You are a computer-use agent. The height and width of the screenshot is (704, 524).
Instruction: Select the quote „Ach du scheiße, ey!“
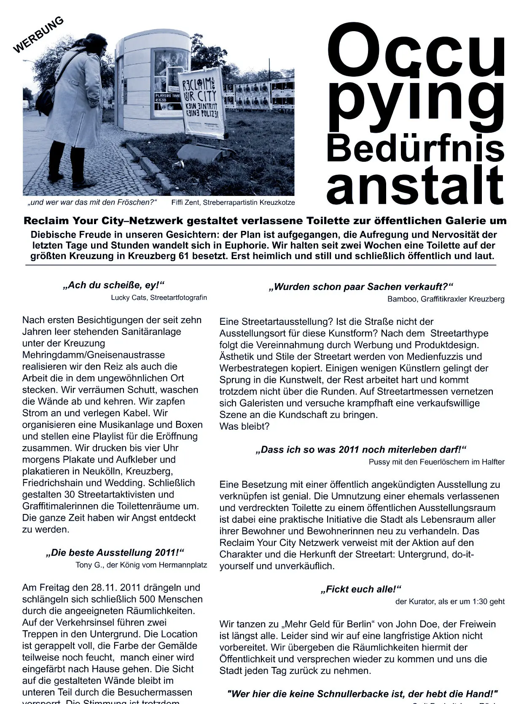click(113, 285)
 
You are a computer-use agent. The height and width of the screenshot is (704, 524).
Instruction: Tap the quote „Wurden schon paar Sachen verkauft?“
click(361, 287)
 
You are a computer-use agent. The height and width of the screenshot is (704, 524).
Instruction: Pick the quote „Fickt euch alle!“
click(361, 589)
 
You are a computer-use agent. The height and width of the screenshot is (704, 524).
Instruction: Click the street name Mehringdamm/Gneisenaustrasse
click(94, 355)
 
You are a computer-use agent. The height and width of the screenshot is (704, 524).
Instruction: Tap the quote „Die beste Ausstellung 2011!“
click(115, 552)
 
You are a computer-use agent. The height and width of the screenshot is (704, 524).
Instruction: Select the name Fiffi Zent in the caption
click(186, 203)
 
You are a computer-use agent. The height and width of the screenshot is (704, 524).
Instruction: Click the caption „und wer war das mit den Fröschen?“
click(92, 203)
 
